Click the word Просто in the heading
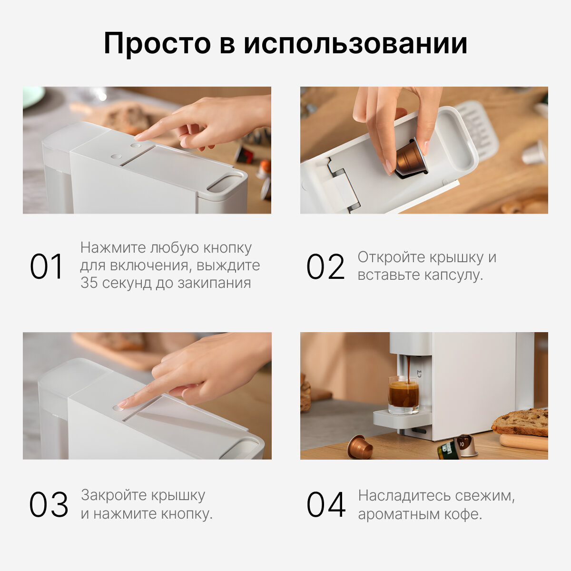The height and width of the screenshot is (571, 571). [158, 44]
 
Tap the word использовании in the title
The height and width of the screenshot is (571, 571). [355, 44]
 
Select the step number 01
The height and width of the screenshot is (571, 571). [47, 266]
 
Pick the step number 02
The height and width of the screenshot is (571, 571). [325, 266]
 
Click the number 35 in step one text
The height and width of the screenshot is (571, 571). [89, 283]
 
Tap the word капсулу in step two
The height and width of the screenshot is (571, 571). [453, 275]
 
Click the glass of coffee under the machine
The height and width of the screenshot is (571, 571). [404, 395]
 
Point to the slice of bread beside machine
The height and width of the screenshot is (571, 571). [520, 422]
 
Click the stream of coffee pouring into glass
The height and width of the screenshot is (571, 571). [409, 370]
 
